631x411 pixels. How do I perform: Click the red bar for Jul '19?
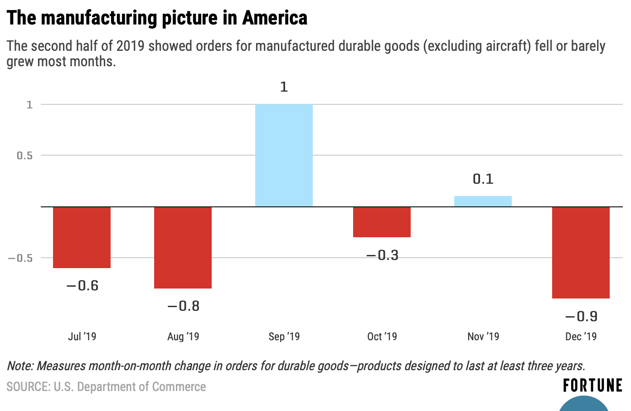click(x=82, y=237)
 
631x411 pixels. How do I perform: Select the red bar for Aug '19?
click(x=183, y=247)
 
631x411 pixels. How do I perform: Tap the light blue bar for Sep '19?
click(x=284, y=155)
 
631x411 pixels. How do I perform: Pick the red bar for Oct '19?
click(x=382, y=222)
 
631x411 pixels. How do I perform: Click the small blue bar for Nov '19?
click(x=483, y=201)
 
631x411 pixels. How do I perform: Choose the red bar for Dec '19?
click(x=581, y=252)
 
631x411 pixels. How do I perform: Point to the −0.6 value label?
click(x=82, y=285)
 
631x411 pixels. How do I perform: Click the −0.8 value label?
click(x=183, y=306)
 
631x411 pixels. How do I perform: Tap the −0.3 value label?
click(x=382, y=255)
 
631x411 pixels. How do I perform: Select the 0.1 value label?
click(x=483, y=179)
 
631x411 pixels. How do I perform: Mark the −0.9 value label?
click(x=581, y=316)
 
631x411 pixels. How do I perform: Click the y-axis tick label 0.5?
click(x=25, y=156)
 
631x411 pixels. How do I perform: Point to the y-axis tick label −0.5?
click(x=20, y=258)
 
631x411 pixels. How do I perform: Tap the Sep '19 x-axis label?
click(x=284, y=337)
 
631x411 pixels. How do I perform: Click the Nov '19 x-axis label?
click(x=483, y=337)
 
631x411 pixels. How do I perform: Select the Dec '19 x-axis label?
click(x=581, y=337)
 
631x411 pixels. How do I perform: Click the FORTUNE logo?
click(x=592, y=386)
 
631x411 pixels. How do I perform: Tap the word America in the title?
click(x=275, y=18)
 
